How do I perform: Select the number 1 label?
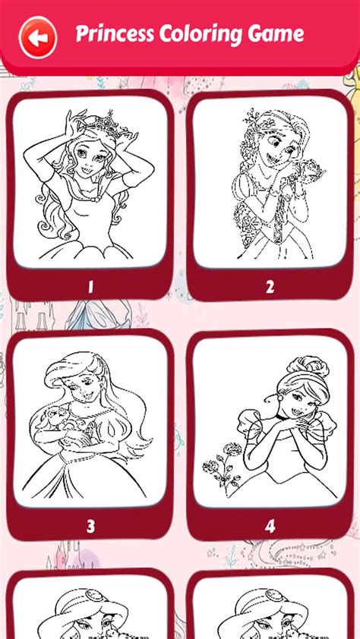click(90, 286)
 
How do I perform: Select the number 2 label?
click(270, 286)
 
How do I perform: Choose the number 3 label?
click(90, 526)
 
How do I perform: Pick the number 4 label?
click(270, 526)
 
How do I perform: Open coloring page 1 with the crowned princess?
click(90, 182)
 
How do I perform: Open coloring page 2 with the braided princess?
click(270, 182)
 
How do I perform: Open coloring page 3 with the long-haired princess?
click(90, 422)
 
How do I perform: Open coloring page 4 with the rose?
click(270, 422)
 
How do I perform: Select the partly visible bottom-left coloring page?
click(90, 611)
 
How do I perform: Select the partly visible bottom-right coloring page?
click(270, 611)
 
